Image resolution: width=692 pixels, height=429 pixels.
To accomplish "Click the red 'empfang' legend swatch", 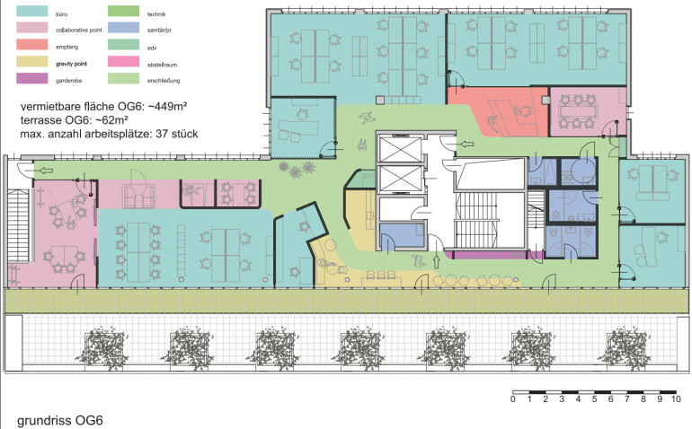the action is coord(31,45).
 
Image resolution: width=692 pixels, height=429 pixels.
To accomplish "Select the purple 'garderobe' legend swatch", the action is coord(31,78).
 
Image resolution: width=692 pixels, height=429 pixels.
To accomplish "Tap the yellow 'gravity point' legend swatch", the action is coord(31,61).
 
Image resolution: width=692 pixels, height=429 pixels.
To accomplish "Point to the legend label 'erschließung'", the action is coord(164,81).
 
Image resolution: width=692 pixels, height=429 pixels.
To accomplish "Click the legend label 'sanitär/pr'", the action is coord(159,31).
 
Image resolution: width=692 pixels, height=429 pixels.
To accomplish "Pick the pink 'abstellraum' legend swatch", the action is coord(124,61).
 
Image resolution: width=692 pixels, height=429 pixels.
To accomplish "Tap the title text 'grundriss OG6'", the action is coord(60,420).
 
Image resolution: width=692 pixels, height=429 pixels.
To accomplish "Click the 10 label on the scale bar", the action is coord(676,399).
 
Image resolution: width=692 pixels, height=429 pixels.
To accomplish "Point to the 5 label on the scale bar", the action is coord(594,399).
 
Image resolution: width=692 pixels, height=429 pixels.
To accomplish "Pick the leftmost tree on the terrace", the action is coord(102,348).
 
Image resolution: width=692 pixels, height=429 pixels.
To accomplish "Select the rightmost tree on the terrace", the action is coord(624,348).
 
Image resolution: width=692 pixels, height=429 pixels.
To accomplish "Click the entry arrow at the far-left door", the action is coord(46,171).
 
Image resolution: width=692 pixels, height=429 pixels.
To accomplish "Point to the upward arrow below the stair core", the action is coord(437,261).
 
